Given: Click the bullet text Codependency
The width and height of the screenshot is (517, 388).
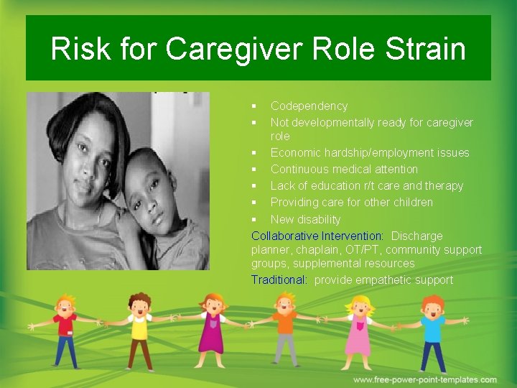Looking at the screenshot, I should click(x=309, y=106).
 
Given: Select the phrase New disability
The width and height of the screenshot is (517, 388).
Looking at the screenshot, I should click(x=305, y=219).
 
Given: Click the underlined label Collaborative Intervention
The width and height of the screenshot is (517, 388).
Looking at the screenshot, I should click(x=317, y=236).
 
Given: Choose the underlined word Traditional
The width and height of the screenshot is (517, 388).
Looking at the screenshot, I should click(x=279, y=280).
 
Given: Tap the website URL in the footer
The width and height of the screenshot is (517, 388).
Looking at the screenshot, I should click(x=424, y=379).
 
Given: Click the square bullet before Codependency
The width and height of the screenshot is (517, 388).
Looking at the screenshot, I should click(x=254, y=106).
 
